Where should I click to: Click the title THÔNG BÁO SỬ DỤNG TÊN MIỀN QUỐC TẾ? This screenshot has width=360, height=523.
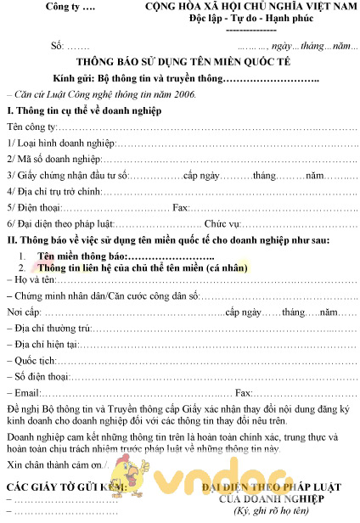point(180,63)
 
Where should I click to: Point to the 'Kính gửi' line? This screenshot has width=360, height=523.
point(178,79)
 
